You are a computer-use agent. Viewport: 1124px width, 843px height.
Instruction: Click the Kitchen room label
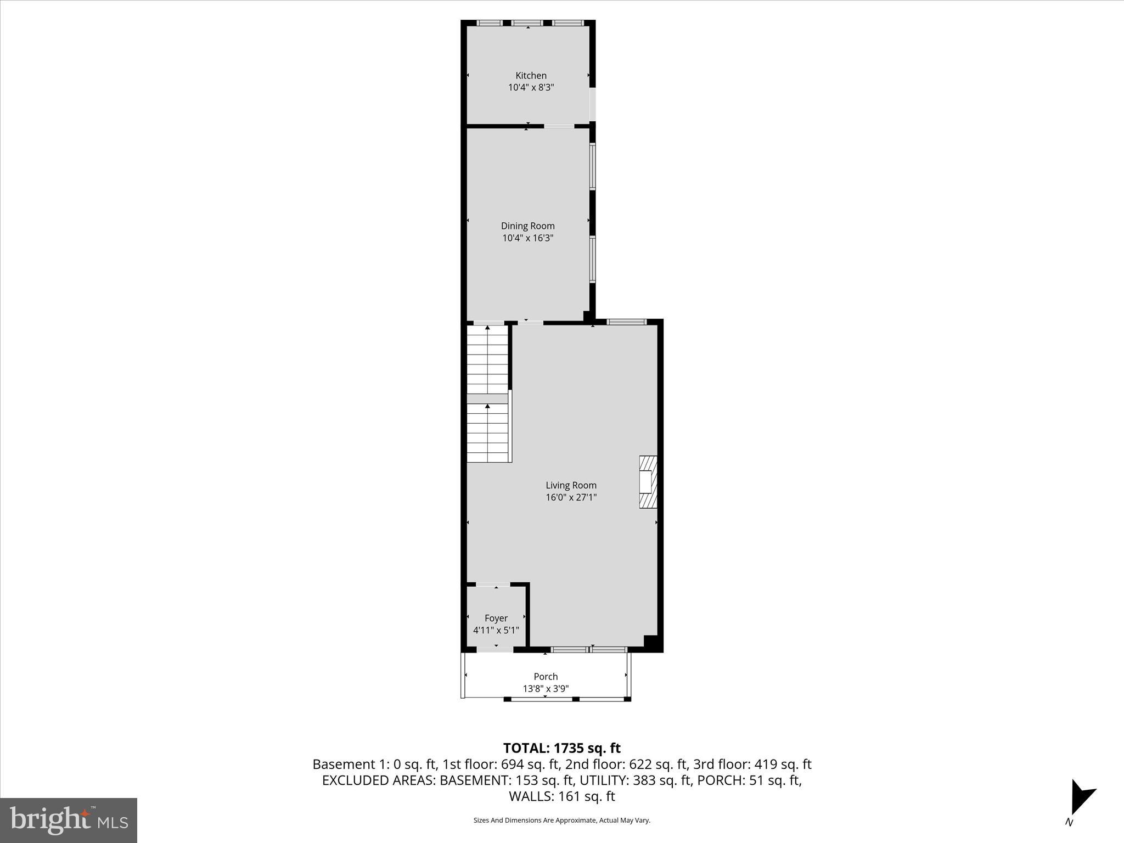(x=531, y=76)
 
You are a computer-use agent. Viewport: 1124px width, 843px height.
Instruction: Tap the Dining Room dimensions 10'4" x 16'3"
(x=527, y=238)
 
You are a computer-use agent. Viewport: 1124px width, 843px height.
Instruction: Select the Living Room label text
(x=571, y=485)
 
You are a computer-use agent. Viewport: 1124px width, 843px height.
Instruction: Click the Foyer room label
(x=496, y=618)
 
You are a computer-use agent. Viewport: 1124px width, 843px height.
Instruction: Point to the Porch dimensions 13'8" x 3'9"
(x=546, y=689)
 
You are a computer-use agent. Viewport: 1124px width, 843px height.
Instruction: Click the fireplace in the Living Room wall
(x=648, y=481)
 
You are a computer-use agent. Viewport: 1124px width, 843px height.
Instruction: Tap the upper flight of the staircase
(x=487, y=359)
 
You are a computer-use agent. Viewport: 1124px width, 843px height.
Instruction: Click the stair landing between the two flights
(x=487, y=399)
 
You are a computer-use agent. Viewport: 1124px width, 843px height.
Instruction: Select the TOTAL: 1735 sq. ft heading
(x=561, y=748)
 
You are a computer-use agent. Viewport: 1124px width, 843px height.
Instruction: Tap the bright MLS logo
(x=69, y=820)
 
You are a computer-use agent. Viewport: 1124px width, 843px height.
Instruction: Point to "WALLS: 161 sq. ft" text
(x=561, y=796)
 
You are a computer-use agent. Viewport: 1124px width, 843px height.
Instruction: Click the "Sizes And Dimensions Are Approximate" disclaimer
(x=561, y=820)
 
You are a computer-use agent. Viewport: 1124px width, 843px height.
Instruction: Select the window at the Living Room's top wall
(x=626, y=322)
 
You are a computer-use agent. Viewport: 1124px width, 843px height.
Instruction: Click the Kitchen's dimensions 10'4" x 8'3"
(x=531, y=88)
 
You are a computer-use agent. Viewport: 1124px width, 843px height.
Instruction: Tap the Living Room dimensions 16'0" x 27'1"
(x=571, y=498)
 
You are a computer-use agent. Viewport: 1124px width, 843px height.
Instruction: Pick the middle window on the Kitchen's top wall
(x=527, y=23)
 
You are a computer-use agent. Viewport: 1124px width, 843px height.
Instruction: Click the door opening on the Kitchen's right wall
(x=593, y=104)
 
